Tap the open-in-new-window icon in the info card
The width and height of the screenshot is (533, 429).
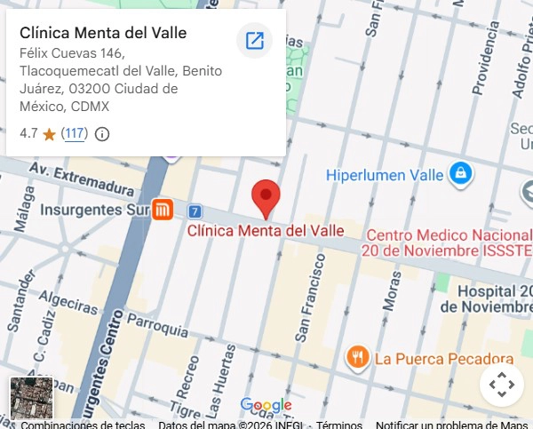pos(255,40)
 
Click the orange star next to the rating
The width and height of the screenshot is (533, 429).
pos(49,135)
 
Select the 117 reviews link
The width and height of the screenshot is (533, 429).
pos(75,134)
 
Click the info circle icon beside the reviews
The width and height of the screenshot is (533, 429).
pos(102,135)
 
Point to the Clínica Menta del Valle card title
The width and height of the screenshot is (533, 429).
pos(103,33)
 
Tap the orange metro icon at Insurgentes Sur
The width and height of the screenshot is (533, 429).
pos(162,210)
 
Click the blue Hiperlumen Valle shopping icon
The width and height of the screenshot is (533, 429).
pos(460,173)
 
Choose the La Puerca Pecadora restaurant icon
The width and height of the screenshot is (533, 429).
pos(357,357)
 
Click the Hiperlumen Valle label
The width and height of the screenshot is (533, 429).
pos(384,175)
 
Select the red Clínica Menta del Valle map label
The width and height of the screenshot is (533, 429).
pos(266,231)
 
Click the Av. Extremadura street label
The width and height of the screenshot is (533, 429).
pos(81,176)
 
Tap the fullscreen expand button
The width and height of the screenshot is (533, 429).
pos(501,385)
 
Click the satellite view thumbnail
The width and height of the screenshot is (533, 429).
pos(31,399)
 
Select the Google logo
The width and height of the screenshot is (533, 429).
pos(266,406)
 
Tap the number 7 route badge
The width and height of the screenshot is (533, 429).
pos(195,211)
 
